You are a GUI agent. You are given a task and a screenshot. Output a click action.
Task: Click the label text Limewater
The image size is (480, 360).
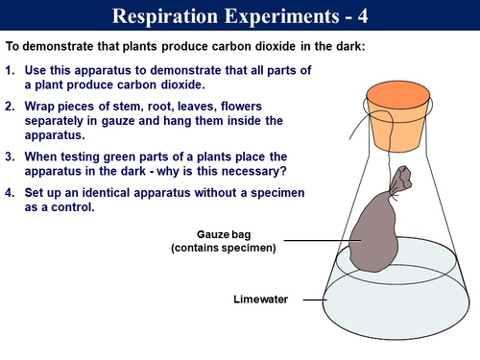pyautogui.click(x=261, y=300)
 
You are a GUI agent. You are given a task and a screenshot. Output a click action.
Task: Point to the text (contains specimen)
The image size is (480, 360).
pyautogui.click(x=223, y=249)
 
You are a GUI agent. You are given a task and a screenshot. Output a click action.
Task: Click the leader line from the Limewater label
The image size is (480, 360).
pyautogui.click(x=315, y=300)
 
